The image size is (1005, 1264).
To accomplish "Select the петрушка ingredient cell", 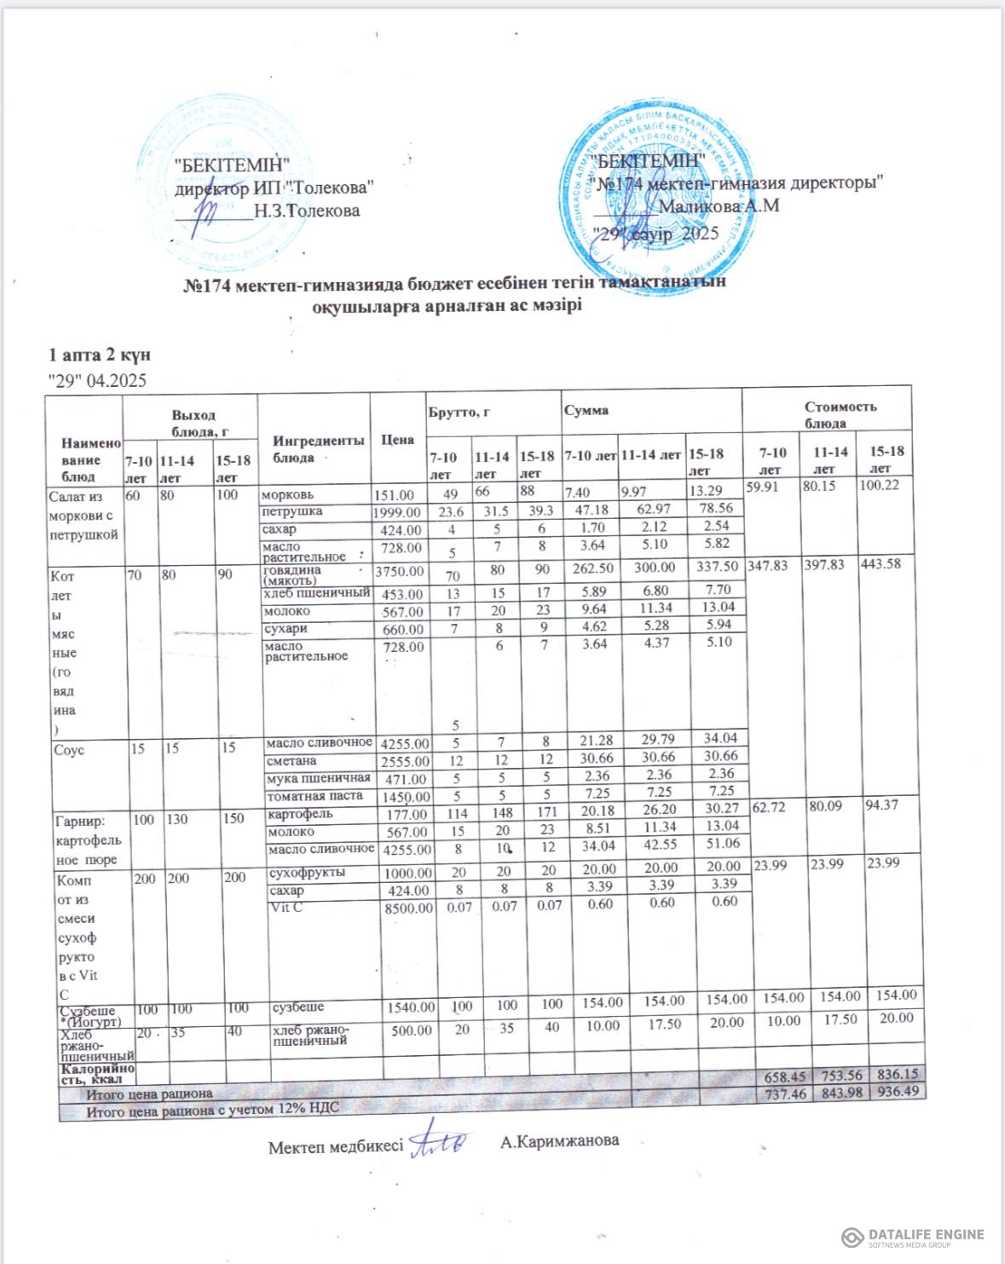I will pos(292,511).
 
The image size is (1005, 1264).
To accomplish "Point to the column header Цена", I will pos(398,440).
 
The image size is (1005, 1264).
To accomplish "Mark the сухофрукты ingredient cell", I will pos(307,873).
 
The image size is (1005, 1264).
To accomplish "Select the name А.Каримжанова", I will pos(560,1141).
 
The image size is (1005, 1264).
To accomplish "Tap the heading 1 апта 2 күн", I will pos(100,355).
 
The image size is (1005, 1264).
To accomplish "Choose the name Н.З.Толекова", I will pos(307,211).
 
